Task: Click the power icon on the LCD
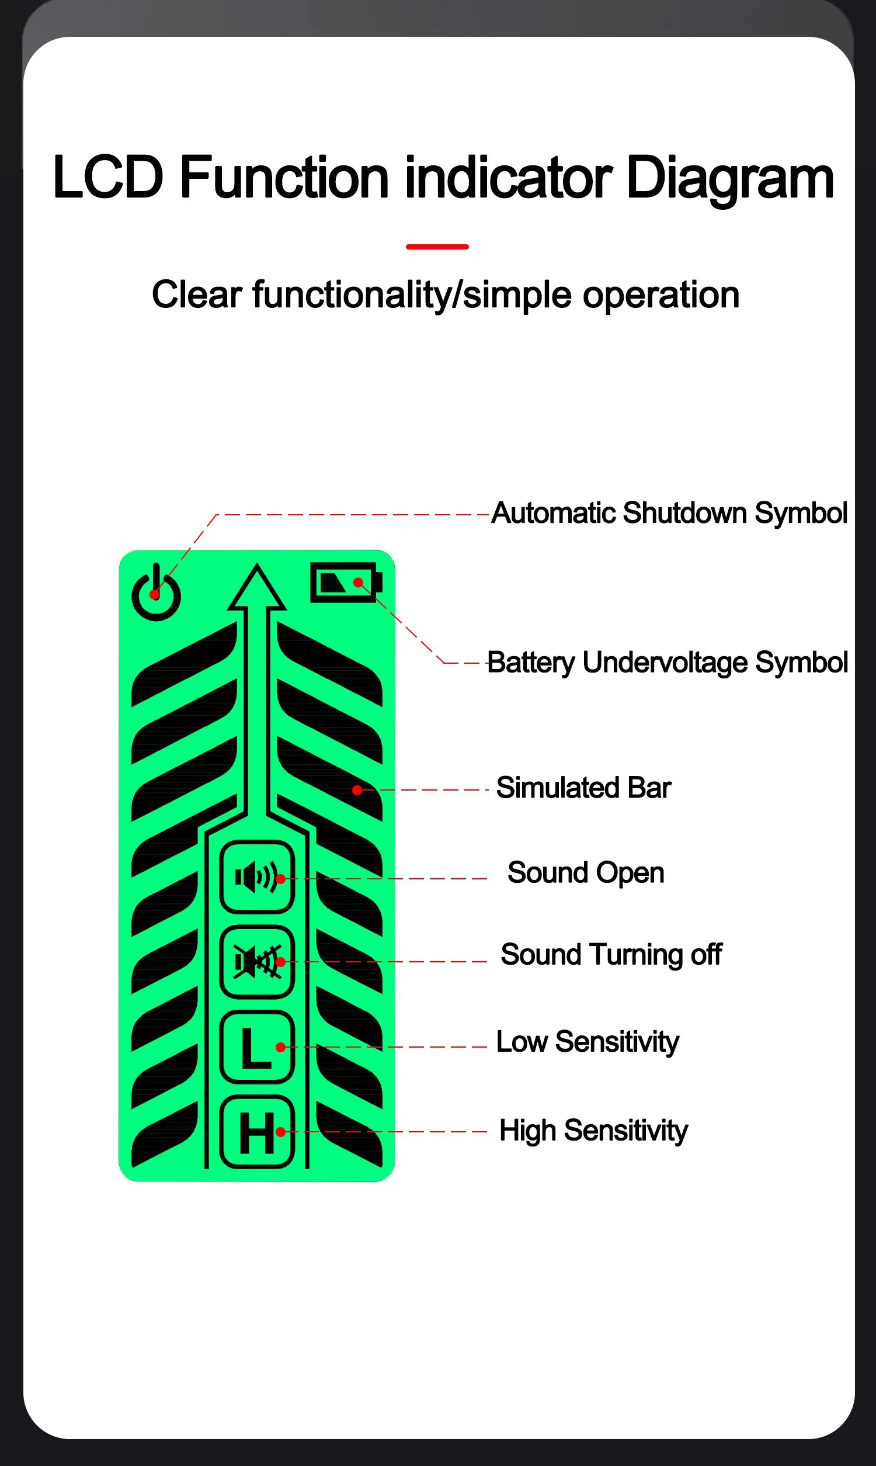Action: (x=156, y=594)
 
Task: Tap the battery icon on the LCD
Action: (x=345, y=583)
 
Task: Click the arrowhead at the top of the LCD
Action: (x=257, y=588)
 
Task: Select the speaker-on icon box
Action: (x=257, y=878)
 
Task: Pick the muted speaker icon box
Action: (x=257, y=962)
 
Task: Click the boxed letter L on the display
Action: (x=257, y=1047)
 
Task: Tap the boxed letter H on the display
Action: (x=257, y=1132)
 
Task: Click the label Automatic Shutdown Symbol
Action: (x=669, y=513)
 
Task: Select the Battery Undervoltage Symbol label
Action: (x=667, y=663)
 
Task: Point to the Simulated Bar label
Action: (x=583, y=788)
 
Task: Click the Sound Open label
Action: (x=586, y=872)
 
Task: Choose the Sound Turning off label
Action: (x=611, y=955)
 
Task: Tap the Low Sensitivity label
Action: (x=588, y=1041)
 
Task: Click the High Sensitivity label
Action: (x=593, y=1130)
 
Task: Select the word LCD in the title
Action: (x=108, y=177)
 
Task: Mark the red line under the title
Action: (x=437, y=247)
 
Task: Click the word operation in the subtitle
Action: (x=661, y=294)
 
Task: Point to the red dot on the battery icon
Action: (x=358, y=583)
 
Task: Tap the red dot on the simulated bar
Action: (x=357, y=790)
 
